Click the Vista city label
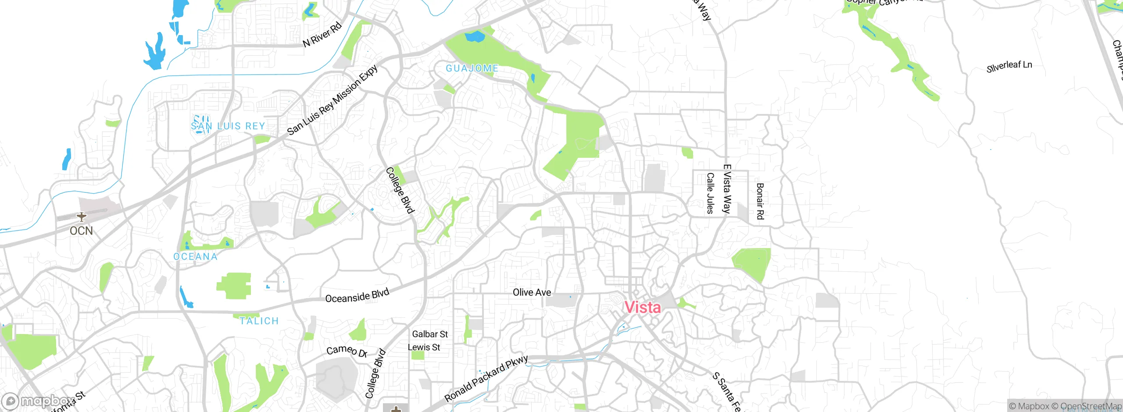pos(643,307)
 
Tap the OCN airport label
pos(81,231)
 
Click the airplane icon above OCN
pos(81,217)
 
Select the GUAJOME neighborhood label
pos(472,68)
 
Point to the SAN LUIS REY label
pos(228,126)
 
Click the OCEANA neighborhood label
pos(196,256)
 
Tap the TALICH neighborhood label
pos(259,321)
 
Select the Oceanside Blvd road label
pos(357,296)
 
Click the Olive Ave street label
pos(532,292)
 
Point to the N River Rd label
pos(322,35)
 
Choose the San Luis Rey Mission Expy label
pos(333,100)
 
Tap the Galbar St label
pos(430,334)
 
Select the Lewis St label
pos(424,347)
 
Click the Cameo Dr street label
pos(347,351)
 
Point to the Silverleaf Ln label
pos(1009,67)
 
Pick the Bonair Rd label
pos(760,201)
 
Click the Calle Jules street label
pos(710,193)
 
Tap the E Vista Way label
pos(727,189)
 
